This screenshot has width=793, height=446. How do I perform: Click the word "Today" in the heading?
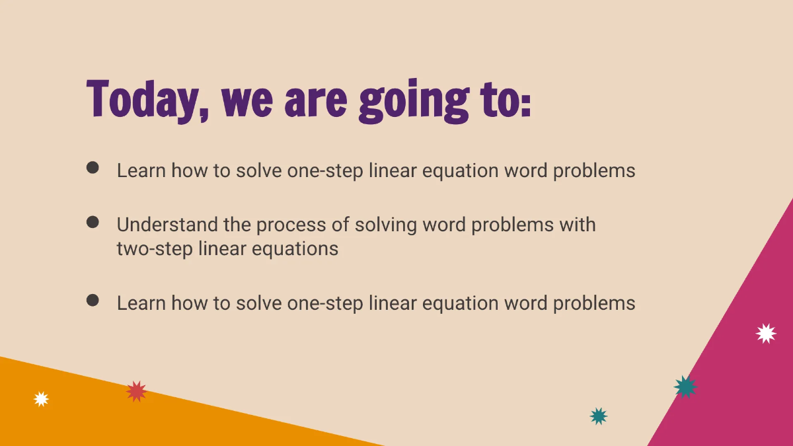pos(142,99)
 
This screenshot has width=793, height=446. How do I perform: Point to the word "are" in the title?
pos(315,100)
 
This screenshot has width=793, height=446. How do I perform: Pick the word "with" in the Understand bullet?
pos(578,225)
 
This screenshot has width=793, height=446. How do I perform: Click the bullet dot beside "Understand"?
pos(93,222)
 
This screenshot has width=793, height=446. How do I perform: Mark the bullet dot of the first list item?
pos(93,168)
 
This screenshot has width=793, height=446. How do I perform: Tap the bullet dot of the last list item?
pos(93,301)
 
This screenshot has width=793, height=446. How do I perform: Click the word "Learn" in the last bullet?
pos(141,303)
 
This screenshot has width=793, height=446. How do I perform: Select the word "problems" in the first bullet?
pos(594,171)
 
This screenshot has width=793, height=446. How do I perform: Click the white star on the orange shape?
pos(42,399)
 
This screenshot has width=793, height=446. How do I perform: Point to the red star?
pos(136,391)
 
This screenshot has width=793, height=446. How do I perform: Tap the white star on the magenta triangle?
pos(766,333)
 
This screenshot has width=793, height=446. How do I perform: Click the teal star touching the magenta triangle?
pos(685,387)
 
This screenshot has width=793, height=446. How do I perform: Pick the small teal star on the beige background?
pos(599,416)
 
